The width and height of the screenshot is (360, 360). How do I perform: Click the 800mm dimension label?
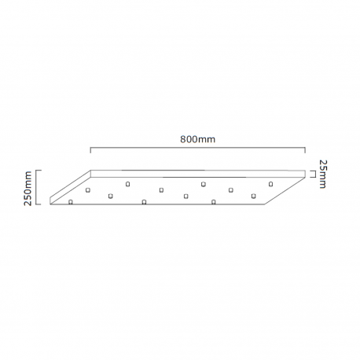pyautogui.click(x=198, y=139)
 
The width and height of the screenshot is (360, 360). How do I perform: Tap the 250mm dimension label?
pyautogui.click(x=28, y=188)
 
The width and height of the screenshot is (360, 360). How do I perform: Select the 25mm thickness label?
pyautogui.click(x=322, y=174)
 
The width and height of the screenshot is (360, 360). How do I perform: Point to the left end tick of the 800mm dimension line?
pyautogui.click(x=90, y=150)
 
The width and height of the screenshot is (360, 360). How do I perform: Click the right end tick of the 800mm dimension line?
pyautogui.click(x=305, y=150)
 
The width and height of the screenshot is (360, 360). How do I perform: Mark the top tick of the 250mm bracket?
pyautogui.click(x=39, y=171)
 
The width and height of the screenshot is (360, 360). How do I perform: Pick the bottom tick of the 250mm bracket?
pyautogui.click(x=39, y=204)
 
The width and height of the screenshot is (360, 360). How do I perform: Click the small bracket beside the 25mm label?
pyautogui.click(x=313, y=174)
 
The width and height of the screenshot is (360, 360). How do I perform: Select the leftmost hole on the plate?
pyautogui.click(x=70, y=202)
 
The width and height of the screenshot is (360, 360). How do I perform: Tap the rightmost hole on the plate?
pyautogui.click(x=270, y=184)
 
